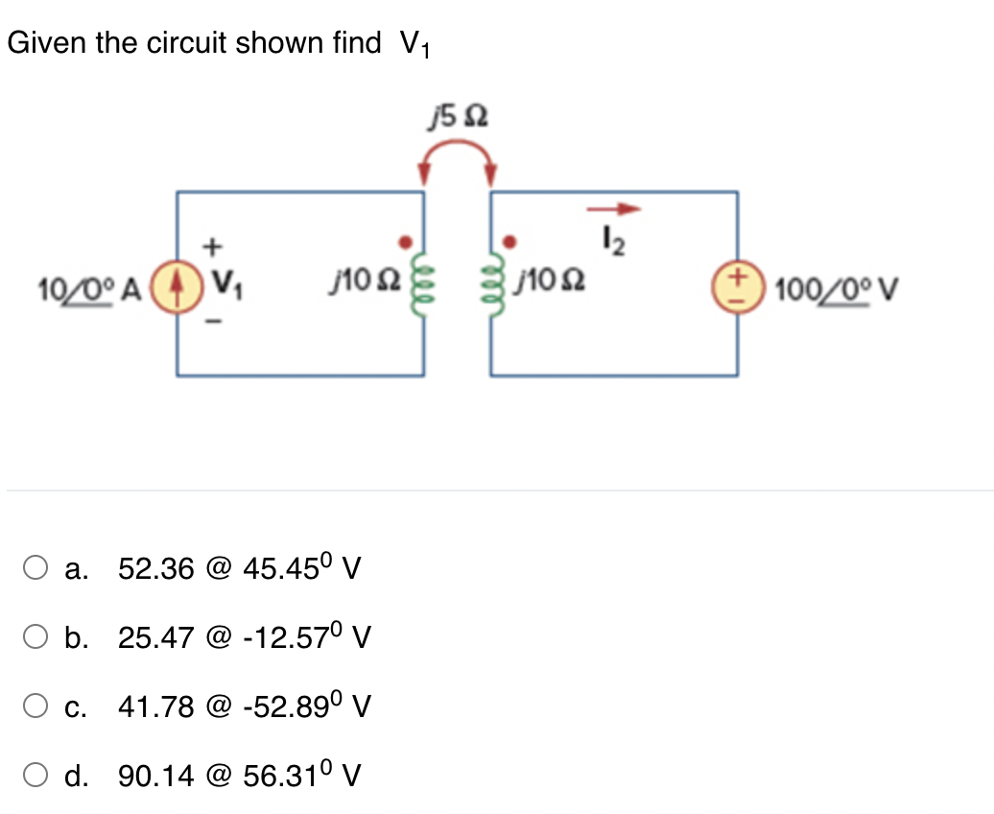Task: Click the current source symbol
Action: [176, 284]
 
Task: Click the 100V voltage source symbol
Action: [738, 285]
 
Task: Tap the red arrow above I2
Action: [614, 208]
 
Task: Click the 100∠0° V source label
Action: [833, 285]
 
